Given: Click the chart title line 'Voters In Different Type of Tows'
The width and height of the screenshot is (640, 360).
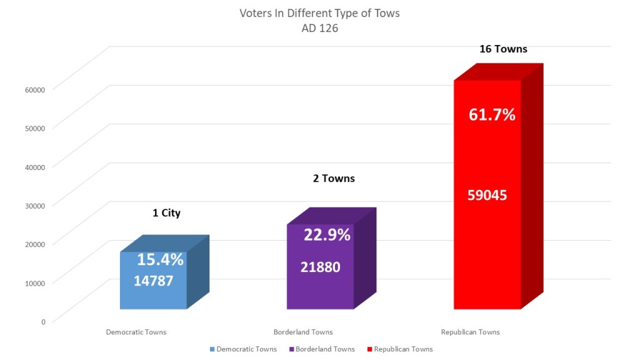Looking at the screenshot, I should coord(319,13).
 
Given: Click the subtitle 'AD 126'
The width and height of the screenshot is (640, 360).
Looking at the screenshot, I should coord(319,28).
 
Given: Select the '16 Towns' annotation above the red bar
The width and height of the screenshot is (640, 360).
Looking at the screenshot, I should coord(503,49).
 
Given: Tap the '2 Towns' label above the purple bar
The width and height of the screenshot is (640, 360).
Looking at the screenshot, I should coord(334,179).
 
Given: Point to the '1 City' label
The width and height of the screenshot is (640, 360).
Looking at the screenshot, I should coord(166,213).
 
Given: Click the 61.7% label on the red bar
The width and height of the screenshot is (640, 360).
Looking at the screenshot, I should coord(492,115).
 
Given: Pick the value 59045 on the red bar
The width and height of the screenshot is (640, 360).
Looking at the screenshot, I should coord(487,195).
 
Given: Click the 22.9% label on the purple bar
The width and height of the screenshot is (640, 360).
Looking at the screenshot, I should coord(327,235).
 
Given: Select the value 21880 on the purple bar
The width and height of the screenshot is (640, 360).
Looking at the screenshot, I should coord(320,267).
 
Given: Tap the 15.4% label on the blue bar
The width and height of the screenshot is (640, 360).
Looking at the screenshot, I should coord(160,259).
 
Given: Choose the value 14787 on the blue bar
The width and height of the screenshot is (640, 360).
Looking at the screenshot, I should coord(153,281).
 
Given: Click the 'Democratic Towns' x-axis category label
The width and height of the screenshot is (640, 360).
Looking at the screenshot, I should coord(136,332).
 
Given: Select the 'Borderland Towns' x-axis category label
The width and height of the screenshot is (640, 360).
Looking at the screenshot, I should coord(303,332).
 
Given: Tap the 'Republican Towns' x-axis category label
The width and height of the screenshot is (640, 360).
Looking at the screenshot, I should coord(470,332).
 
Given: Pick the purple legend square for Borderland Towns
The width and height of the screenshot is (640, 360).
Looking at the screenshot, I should coord(294,349).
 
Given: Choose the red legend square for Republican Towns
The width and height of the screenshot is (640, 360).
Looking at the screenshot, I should coord(370,349).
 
